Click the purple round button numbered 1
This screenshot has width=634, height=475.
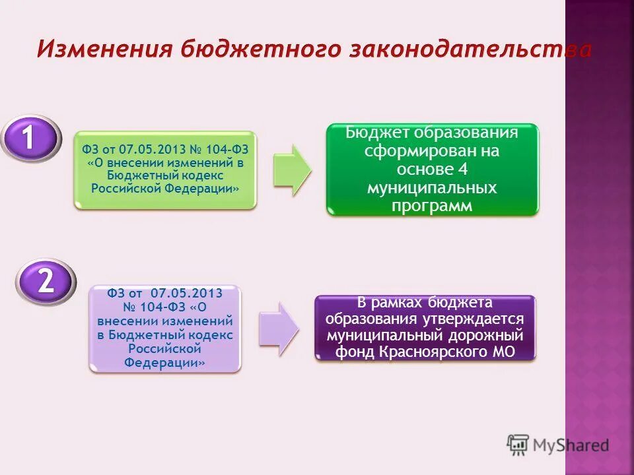tap(28, 138)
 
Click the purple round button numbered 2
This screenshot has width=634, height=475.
tap(45, 282)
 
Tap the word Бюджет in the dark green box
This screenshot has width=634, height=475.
tap(378, 133)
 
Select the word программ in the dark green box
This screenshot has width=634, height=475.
tap(433, 206)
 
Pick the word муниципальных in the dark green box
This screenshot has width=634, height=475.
tap(433, 188)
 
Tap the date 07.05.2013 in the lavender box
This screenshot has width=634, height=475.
tap(186, 292)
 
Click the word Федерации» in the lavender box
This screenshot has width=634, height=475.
tap(164, 362)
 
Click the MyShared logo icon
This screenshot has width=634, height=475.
tap(518, 444)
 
